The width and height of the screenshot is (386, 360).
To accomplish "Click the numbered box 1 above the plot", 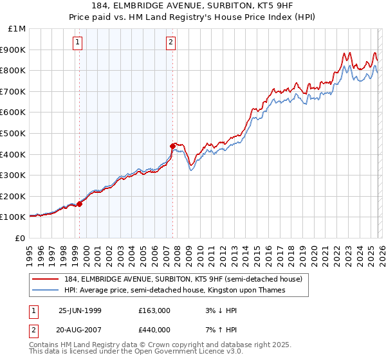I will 77,43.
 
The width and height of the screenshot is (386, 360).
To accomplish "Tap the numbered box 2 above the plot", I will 171,43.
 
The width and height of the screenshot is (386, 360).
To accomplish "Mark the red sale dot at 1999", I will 80,204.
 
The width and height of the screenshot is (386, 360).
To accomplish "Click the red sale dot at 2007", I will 172,146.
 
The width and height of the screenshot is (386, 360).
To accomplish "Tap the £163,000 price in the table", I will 154,310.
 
